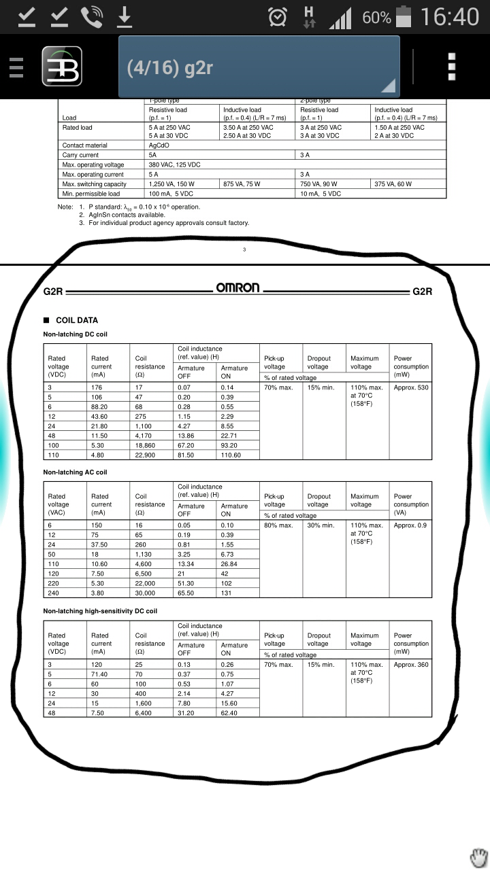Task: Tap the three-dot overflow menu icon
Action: pyautogui.click(x=451, y=67)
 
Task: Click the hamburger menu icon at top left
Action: pyautogui.click(x=16, y=67)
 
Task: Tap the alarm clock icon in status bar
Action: pyautogui.click(x=278, y=17)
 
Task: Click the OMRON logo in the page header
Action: pyautogui.click(x=238, y=288)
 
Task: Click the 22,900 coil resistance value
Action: pyautogui.click(x=145, y=455)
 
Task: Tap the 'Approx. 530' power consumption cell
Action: pyautogui.click(x=411, y=388)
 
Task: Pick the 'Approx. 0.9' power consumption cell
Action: pyautogui.click(x=410, y=525)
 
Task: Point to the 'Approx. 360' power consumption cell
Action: pyautogui.click(x=411, y=665)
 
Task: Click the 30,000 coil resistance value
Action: pyautogui.click(x=145, y=593)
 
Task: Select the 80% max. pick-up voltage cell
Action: pyautogui.click(x=278, y=525)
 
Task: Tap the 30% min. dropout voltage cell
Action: pyautogui.click(x=321, y=525)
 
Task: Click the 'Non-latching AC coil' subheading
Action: pyautogui.click(x=76, y=472)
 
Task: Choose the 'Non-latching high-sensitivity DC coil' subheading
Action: pyautogui.click(x=100, y=611)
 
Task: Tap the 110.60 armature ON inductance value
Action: pyautogui.click(x=231, y=455)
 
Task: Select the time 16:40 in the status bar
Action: pyautogui.click(x=450, y=17)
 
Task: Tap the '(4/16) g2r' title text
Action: pyautogui.click(x=170, y=68)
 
